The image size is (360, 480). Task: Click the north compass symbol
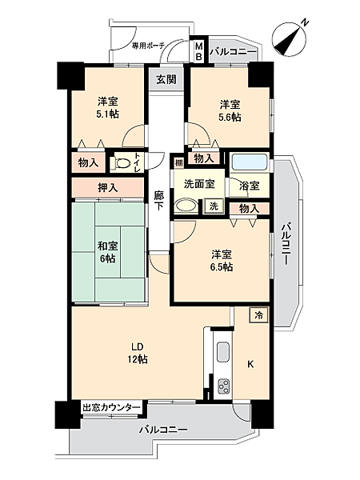click(x=289, y=39)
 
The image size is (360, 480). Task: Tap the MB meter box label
click(x=199, y=52)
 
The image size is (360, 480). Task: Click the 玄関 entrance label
click(x=166, y=79)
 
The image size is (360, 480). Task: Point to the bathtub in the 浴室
click(x=250, y=162)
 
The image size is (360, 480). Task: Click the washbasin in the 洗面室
click(x=186, y=206)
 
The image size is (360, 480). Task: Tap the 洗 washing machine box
click(x=214, y=206)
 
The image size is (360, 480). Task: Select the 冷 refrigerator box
click(x=259, y=314)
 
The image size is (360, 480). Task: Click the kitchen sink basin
click(x=223, y=352)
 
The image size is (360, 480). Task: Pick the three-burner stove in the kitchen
click(x=223, y=387)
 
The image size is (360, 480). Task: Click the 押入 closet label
click(x=108, y=188)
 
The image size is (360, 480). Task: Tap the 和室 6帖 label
click(x=107, y=252)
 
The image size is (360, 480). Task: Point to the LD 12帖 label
click(x=138, y=353)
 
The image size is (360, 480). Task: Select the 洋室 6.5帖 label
click(x=222, y=261)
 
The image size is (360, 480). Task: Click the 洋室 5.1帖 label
click(x=107, y=107)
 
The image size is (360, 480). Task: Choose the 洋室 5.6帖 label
click(x=230, y=110)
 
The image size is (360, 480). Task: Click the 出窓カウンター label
click(x=111, y=407)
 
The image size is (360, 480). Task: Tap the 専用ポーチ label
click(x=149, y=46)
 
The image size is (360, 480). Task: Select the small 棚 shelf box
click(x=178, y=162)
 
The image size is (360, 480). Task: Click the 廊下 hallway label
click(x=158, y=201)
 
